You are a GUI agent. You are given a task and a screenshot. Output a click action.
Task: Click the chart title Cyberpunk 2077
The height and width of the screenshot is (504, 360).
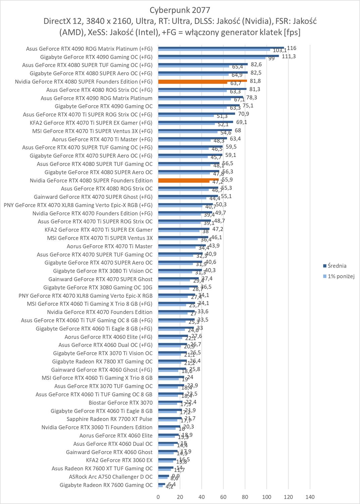180,10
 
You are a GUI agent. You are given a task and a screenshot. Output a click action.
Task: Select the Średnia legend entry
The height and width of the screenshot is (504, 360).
337,266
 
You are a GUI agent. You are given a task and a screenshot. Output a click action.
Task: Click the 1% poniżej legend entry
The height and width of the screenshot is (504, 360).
341,276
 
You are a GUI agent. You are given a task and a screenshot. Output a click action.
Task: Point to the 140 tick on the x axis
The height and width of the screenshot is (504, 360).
310,497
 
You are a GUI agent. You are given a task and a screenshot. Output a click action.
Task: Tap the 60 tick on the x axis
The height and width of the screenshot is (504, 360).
223,497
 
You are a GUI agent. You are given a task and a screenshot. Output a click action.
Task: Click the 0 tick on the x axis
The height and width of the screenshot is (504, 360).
158,497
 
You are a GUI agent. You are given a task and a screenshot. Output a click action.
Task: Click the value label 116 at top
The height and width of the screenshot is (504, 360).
291,48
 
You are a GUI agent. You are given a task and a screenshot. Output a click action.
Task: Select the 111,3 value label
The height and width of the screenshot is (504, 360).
288,56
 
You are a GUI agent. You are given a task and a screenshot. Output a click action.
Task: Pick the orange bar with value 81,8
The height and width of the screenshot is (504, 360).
203,81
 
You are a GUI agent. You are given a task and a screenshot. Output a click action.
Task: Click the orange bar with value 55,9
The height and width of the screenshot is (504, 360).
188,180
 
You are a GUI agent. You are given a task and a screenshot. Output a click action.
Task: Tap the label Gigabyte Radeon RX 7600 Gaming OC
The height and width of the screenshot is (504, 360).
106,485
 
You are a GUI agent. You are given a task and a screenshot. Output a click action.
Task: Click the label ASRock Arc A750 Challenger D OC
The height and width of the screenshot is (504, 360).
110,476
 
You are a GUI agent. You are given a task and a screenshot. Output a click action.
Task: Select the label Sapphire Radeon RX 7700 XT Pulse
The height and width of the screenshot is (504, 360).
109,419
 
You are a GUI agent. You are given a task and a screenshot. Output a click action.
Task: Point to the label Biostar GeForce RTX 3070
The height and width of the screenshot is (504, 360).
120,403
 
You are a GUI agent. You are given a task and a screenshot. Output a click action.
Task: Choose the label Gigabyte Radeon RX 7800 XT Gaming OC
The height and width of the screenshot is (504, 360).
102,362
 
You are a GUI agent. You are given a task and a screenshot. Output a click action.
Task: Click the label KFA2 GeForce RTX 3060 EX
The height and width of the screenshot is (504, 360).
119,460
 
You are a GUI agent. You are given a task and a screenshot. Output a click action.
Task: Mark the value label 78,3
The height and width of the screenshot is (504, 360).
252,97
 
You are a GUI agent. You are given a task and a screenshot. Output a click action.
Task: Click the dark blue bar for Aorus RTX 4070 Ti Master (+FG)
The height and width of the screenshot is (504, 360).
192,138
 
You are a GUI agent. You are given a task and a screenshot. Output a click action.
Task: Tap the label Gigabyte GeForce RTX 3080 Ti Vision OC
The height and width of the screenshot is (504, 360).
102,271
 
